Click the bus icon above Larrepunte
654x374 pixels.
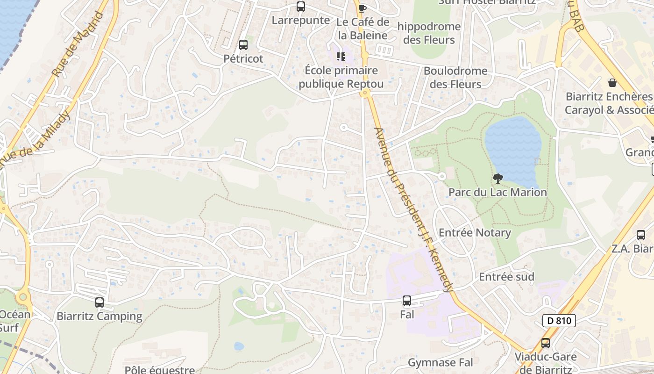(x=301, y=7)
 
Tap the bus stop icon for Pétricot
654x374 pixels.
(x=243, y=45)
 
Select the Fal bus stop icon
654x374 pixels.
(x=407, y=301)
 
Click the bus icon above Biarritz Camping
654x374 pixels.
(x=100, y=302)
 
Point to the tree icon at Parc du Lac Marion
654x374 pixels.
(x=498, y=178)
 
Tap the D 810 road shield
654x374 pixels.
(x=559, y=321)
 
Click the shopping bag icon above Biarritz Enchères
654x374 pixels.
(x=612, y=83)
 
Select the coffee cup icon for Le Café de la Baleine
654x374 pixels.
(x=362, y=8)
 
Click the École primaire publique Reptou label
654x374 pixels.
(x=341, y=77)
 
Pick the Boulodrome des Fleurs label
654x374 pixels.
(x=455, y=78)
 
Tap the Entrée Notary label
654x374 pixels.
(x=475, y=233)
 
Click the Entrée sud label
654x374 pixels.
(x=506, y=277)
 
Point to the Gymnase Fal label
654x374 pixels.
(x=440, y=362)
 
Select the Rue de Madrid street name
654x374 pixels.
(x=78, y=44)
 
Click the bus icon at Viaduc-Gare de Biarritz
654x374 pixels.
(x=545, y=343)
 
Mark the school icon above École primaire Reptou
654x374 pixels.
(x=341, y=57)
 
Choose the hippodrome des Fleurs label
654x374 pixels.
(x=429, y=33)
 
